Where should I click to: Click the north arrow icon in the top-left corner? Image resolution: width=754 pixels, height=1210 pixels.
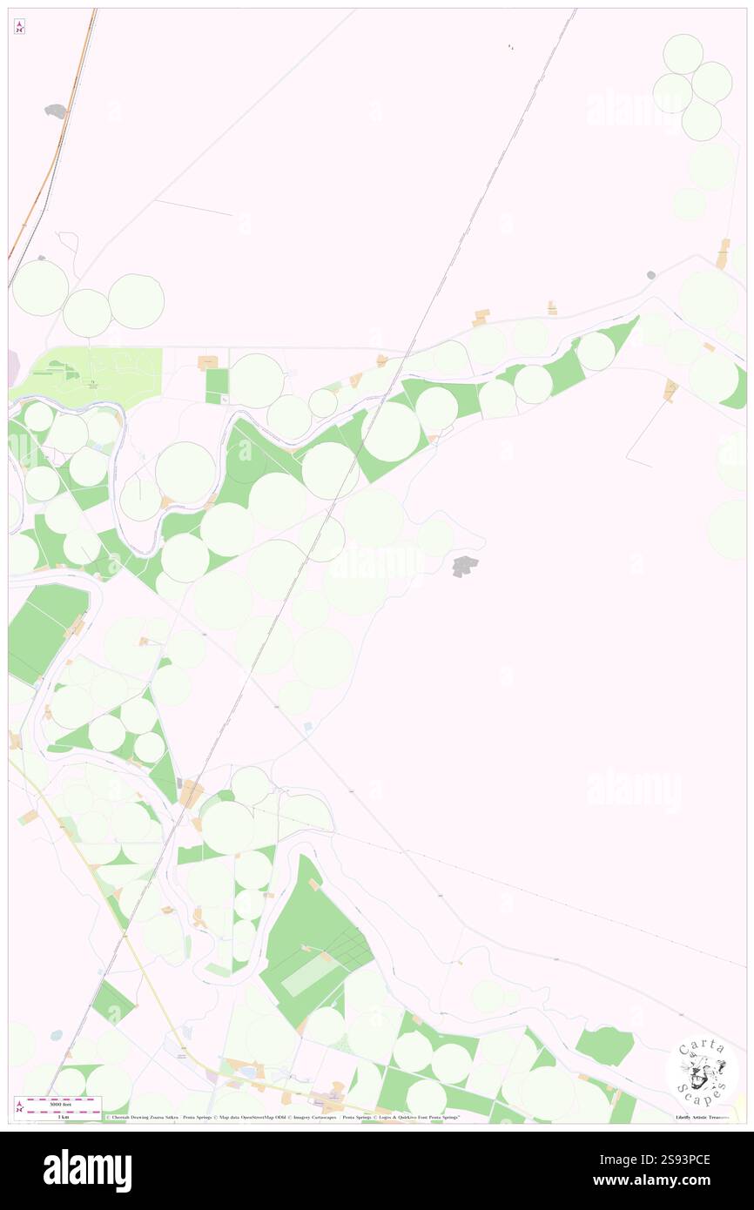19,27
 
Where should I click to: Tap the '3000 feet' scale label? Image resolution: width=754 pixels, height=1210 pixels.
60,1103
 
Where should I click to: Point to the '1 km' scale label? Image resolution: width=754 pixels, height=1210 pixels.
58,1116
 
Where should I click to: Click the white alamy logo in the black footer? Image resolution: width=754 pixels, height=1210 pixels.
87,1171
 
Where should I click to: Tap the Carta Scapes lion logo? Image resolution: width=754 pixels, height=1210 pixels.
702,1071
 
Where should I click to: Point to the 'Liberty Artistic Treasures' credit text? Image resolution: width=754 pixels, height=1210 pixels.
701,1117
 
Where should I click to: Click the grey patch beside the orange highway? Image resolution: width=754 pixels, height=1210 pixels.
56,111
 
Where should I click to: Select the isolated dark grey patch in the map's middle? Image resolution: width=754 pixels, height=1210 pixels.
465,566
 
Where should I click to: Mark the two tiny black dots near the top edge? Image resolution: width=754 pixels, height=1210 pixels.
511,47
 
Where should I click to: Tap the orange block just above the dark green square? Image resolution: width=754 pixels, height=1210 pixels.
208,361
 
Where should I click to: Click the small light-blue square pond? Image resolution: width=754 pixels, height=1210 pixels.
308,726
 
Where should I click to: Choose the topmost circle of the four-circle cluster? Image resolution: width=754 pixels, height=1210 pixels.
683,53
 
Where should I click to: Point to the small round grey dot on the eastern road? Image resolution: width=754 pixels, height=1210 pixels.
650,275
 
